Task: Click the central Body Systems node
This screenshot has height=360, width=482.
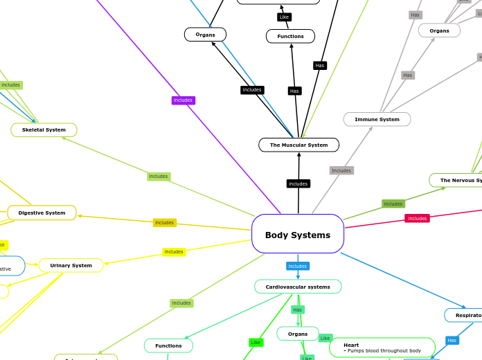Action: pos(298,234)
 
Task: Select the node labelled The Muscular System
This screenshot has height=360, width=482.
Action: pos(298,145)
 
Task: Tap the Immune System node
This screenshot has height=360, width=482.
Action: pos(377,119)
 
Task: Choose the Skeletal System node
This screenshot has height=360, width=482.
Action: pos(44,129)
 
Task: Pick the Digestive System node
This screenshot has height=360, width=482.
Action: pos(42,213)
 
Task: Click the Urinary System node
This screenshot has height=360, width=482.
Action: pos(71,265)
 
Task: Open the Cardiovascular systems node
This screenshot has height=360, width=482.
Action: pos(298,287)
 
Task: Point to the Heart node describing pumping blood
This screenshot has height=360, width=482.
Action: pos(382,348)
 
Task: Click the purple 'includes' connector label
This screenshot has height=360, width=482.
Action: pos(183,100)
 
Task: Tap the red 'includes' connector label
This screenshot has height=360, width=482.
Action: pos(417,218)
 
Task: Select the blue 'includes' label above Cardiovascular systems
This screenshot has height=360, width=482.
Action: pos(298,266)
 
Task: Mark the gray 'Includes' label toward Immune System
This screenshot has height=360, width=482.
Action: pos(341,170)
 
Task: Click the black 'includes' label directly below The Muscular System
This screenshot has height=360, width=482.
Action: pos(298,183)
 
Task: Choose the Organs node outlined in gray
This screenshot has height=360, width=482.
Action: pos(439,30)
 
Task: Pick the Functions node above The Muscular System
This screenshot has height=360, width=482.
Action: pos(290,36)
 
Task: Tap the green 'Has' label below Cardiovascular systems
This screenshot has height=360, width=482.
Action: pos(297,309)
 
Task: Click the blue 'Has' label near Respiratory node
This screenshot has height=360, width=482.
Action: pos(452,340)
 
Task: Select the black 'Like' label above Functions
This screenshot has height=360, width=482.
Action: pos(284,17)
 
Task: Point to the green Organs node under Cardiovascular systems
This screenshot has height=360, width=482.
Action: pos(298,334)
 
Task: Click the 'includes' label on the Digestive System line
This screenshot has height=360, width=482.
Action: pos(164,222)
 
